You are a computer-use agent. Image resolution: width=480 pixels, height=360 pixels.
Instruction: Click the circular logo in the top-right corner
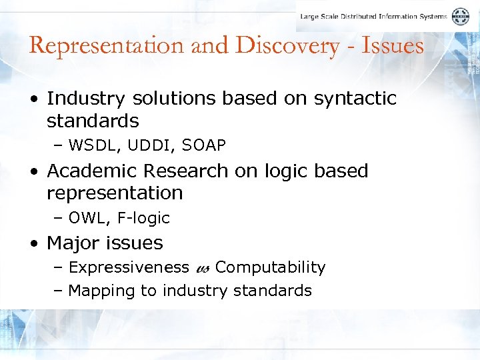pos(460,17)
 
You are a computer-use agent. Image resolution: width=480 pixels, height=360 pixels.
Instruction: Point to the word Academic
pos(93,171)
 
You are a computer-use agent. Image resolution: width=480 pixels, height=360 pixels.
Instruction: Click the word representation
pos(115,193)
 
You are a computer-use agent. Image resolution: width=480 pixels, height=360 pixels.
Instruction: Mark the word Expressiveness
pos(129,267)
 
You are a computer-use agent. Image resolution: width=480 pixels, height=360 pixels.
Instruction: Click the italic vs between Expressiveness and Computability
pos(203,269)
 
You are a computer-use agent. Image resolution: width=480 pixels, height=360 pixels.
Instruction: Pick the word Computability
pos(270,267)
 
